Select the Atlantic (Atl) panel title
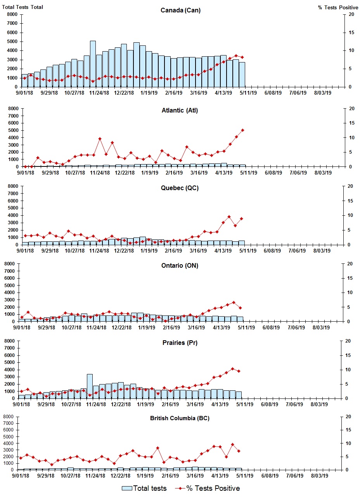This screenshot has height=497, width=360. pyautogui.click(x=180, y=111)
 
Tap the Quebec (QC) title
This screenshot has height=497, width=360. pyautogui.click(x=180, y=188)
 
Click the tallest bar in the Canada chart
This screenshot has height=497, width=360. pyautogui.click(x=93, y=64)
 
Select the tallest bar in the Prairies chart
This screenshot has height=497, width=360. pyautogui.click(x=90, y=386)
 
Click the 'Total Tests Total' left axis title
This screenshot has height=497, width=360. pyautogui.click(x=22, y=7)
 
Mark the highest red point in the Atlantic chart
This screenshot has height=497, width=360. pyautogui.click(x=242, y=130)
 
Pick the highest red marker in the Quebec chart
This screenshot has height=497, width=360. pyautogui.click(x=229, y=217)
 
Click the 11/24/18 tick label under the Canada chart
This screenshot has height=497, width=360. pyautogui.click(x=99, y=93)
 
